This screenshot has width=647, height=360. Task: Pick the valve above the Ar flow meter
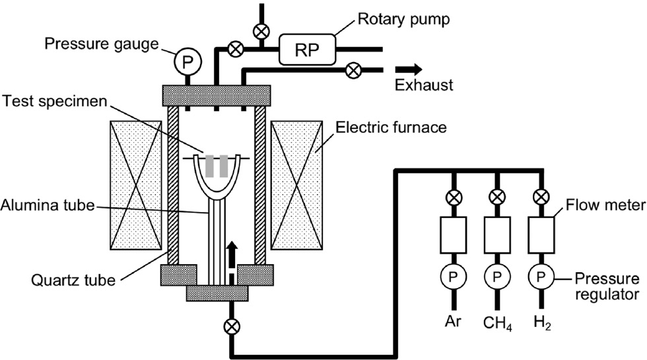[x=453, y=197]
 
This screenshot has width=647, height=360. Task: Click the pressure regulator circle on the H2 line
[x=541, y=275]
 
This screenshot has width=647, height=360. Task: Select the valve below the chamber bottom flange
[x=231, y=325]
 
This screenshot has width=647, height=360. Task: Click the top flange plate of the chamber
[x=217, y=94]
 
